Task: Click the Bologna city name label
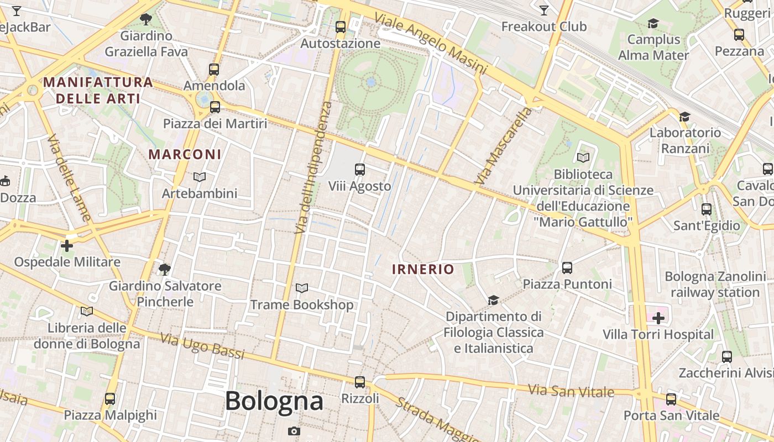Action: point(274,401)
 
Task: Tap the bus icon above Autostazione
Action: point(341,27)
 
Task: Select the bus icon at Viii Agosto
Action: point(360,170)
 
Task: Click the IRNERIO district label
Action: point(423,270)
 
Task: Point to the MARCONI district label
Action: point(185,155)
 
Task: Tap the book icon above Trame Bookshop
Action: point(301,288)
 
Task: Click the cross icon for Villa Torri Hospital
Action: point(658,318)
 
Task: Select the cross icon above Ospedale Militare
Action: point(67,245)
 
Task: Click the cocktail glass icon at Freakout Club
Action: point(544,10)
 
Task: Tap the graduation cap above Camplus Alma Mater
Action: point(653,23)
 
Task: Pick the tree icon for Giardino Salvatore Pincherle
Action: point(164,269)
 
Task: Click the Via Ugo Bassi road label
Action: point(202,346)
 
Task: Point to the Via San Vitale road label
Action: point(571,391)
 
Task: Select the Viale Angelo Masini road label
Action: point(431,44)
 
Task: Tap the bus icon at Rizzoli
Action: point(360,382)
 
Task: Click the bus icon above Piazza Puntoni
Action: point(567,268)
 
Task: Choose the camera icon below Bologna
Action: point(294,431)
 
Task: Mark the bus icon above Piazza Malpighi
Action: point(110,398)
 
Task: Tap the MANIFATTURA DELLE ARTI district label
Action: point(98,91)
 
